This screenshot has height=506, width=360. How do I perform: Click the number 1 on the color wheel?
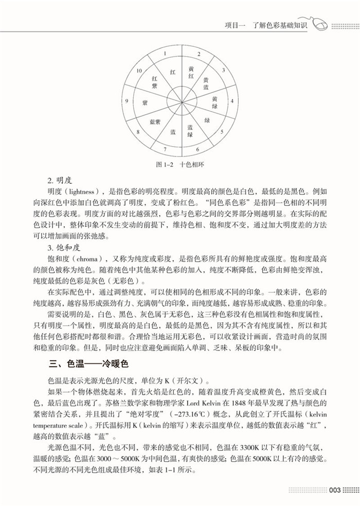pos(164,53)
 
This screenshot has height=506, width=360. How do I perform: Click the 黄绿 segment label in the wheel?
pos(215,102)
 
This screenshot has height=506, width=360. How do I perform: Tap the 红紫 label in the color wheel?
pos(154,82)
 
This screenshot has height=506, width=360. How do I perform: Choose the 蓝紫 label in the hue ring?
pos(154,122)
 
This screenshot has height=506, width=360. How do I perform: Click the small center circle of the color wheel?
pos(180,101)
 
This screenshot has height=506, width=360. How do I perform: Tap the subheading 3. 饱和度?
pos(62,247)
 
